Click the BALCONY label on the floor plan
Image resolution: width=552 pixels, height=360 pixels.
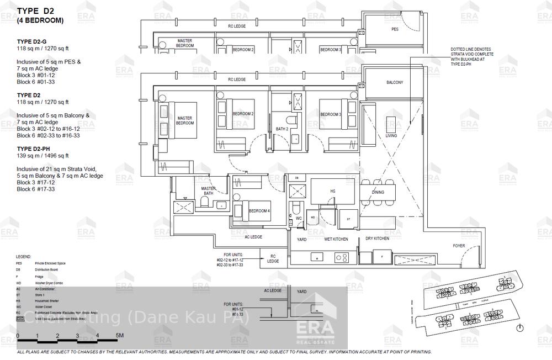coord(394,82)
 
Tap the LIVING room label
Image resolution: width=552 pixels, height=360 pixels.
coord(391,135)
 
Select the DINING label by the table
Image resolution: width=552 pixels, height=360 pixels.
coord(378,193)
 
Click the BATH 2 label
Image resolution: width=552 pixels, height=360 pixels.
coord(282,129)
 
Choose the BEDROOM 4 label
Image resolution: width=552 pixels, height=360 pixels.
coord(259,211)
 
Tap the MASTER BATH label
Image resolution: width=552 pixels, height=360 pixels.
coord(208,190)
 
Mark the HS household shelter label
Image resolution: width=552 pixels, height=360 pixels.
coord(332,191)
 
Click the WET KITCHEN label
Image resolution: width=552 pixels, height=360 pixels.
coord(335,239)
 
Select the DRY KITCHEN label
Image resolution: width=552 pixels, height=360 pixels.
coord(377,239)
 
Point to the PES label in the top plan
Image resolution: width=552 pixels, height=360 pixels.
coord(395,29)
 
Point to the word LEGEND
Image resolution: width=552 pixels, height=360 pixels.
coord(24,257)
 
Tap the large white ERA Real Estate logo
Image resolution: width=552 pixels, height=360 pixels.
coord(316,331)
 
